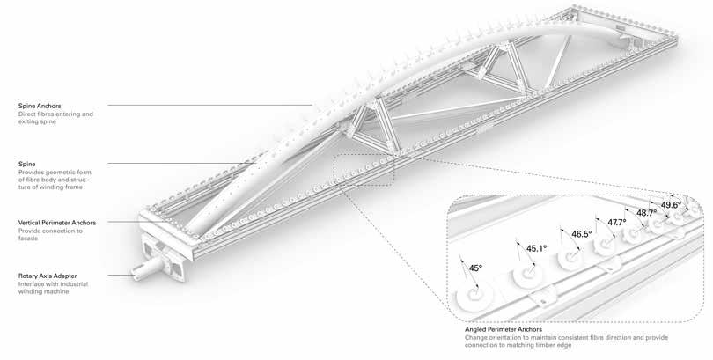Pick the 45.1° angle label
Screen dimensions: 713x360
(536, 249)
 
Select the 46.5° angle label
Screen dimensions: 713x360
(582, 235)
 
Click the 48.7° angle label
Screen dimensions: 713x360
(647, 213)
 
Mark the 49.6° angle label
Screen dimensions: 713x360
(672, 205)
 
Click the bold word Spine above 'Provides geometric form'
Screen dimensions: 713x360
(26, 164)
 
